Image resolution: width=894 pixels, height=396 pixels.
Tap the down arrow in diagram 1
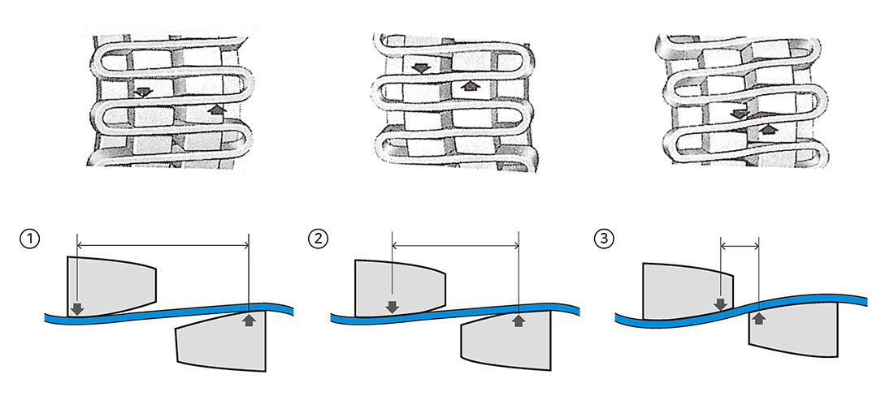[76, 308]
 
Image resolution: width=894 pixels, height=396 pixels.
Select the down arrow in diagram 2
[392, 307]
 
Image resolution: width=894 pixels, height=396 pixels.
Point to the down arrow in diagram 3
[721, 304]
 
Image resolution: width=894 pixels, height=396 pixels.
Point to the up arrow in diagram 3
[758, 317]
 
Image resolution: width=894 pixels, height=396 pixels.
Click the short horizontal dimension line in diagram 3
[740, 244]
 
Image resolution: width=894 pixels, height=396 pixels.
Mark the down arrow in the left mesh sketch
[142, 91]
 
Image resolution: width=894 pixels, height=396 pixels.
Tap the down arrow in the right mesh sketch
[738, 114]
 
